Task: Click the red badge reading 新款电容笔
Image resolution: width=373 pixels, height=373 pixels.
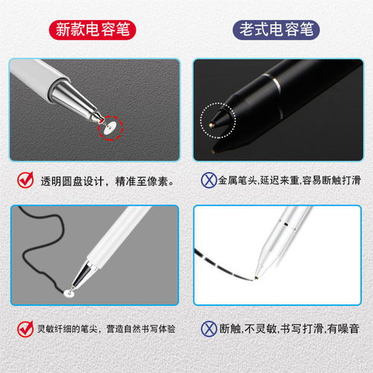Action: coord(93,30)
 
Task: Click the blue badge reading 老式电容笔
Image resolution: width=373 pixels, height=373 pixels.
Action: coord(276,30)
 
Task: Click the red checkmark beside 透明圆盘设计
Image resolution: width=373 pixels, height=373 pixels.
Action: coord(25,180)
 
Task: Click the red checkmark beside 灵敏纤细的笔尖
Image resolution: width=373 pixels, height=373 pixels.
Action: coord(25,329)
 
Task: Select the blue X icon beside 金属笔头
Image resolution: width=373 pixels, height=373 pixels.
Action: coord(209,180)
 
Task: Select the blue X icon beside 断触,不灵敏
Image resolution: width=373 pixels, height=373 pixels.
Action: coord(209,329)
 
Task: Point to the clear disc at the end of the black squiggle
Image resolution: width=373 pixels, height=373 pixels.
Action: coord(69,293)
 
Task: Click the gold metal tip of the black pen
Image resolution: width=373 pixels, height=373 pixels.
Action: coord(211,125)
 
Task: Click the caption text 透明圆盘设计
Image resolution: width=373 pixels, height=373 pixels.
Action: coord(72,181)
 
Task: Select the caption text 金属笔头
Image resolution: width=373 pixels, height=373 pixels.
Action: coord(237,181)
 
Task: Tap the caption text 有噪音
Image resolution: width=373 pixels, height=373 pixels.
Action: coord(343,329)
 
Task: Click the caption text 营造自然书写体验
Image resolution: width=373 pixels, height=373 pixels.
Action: coord(141,329)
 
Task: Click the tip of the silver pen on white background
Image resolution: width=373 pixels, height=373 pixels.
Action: coord(256,277)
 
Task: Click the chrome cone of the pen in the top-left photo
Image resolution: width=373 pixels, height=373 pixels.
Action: coord(76,99)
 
